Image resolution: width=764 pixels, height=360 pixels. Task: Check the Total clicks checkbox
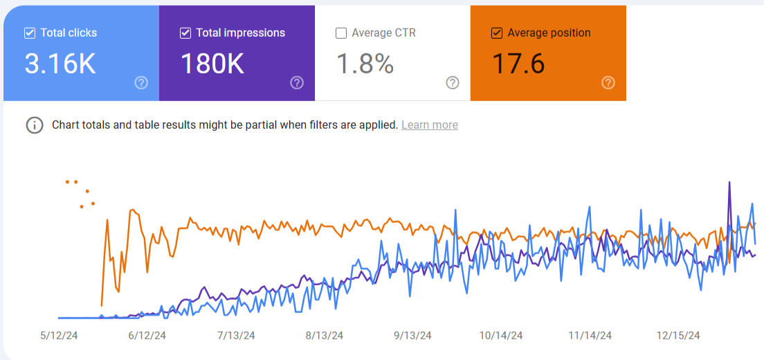pyautogui.click(x=29, y=33)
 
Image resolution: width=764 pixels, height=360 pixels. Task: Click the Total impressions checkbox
pyautogui.click(x=185, y=33)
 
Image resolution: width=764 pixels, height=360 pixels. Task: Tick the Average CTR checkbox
pyautogui.click(x=340, y=33)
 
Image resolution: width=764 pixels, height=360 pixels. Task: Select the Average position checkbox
pyautogui.click(x=496, y=33)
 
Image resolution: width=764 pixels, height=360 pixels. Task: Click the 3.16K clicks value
pyautogui.click(x=60, y=64)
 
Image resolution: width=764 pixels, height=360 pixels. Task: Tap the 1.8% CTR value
pyautogui.click(x=365, y=64)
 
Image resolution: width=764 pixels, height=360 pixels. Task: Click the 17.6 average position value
pyautogui.click(x=518, y=64)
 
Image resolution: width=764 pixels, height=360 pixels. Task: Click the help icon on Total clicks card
pyautogui.click(x=141, y=83)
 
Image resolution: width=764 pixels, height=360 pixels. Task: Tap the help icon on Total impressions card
pyautogui.click(x=297, y=83)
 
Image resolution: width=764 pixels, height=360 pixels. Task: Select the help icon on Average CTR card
pyautogui.click(x=453, y=83)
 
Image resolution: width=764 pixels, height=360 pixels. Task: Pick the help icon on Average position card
pyautogui.click(x=608, y=83)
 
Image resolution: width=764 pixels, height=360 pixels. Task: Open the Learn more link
pyautogui.click(x=429, y=125)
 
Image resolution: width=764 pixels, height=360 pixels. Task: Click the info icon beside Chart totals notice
pyautogui.click(x=35, y=125)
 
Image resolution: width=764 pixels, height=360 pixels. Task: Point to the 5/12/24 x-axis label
pyautogui.click(x=58, y=336)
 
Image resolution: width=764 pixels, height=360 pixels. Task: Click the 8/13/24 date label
pyautogui.click(x=324, y=336)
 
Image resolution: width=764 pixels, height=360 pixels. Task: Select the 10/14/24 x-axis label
pyautogui.click(x=501, y=336)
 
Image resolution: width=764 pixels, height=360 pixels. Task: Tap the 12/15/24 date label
pyautogui.click(x=678, y=336)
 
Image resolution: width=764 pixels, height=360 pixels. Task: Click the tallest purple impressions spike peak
pyautogui.click(x=729, y=183)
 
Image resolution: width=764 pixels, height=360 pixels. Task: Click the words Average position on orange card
pyautogui.click(x=549, y=33)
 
